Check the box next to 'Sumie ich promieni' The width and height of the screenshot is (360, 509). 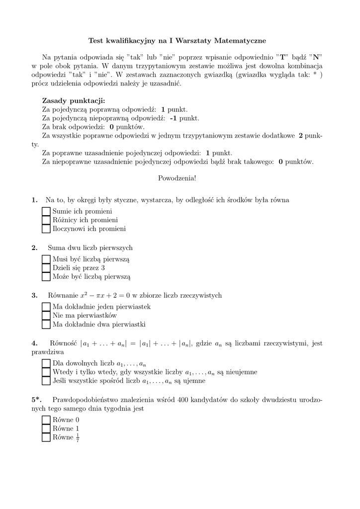46,211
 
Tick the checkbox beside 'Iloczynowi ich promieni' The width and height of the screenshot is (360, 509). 46,229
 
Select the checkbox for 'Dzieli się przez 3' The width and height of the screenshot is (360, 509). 46,267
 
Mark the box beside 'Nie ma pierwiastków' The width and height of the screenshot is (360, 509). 46,315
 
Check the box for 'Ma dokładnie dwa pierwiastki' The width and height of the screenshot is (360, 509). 46,325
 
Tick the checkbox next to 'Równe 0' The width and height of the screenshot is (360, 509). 46,420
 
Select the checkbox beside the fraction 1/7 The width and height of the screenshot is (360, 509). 46,437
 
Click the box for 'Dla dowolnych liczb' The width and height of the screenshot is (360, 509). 46,363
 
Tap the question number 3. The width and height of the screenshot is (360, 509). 34,295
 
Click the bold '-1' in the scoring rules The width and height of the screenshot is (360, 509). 173,118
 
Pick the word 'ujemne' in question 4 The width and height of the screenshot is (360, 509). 195,381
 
